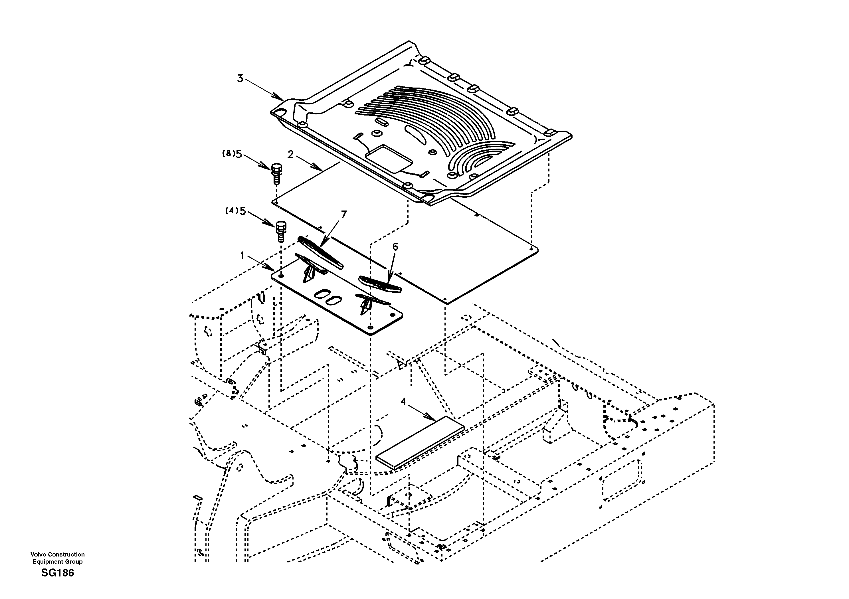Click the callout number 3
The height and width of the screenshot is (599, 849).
coord(240,78)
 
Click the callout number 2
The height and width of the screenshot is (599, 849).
coord(290,155)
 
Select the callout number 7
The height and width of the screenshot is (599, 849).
coord(344,214)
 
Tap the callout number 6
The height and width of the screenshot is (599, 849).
coord(395,247)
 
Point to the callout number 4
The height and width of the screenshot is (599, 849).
coord(403,402)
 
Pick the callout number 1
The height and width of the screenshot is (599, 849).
coord(242,255)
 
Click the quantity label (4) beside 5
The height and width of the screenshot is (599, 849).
coord(231,211)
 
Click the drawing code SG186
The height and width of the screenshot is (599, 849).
coord(57,573)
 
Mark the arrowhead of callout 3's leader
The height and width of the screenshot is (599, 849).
coord(282,99)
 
